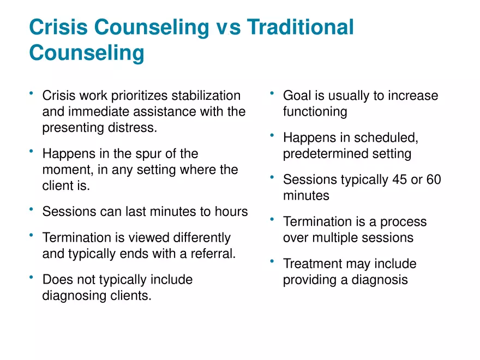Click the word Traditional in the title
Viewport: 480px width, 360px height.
click(x=301, y=27)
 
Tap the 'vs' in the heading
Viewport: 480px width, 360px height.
click(x=229, y=27)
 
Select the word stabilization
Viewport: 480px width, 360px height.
click(x=206, y=95)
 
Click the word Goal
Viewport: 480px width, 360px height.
click(x=296, y=95)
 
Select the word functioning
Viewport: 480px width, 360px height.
click(x=315, y=112)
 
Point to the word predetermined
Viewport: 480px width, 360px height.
click(x=326, y=154)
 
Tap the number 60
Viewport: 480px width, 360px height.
click(x=434, y=179)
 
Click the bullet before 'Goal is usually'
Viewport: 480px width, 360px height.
click(x=272, y=93)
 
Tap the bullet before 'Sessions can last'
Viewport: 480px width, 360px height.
click(x=31, y=209)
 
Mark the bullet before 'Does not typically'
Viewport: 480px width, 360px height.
click(x=31, y=277)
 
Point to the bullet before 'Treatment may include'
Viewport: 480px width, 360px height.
click(x=272, y=261)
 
